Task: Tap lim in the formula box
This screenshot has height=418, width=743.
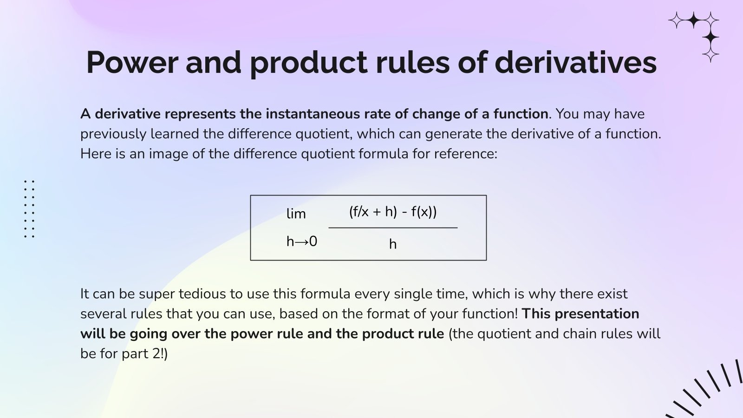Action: (296, 214)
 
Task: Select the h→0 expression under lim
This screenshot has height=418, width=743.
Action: (302, 242)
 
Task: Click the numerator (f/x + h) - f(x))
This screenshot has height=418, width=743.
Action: (393, 212)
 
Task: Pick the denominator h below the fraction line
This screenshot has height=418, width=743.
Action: (393, 244)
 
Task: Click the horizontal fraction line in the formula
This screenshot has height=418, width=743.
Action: (393, 228)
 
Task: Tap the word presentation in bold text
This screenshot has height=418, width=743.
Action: (597, 314)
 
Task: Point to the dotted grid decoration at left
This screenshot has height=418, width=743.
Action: (29, 209)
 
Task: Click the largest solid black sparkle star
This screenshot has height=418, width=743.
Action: (710, 38)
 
